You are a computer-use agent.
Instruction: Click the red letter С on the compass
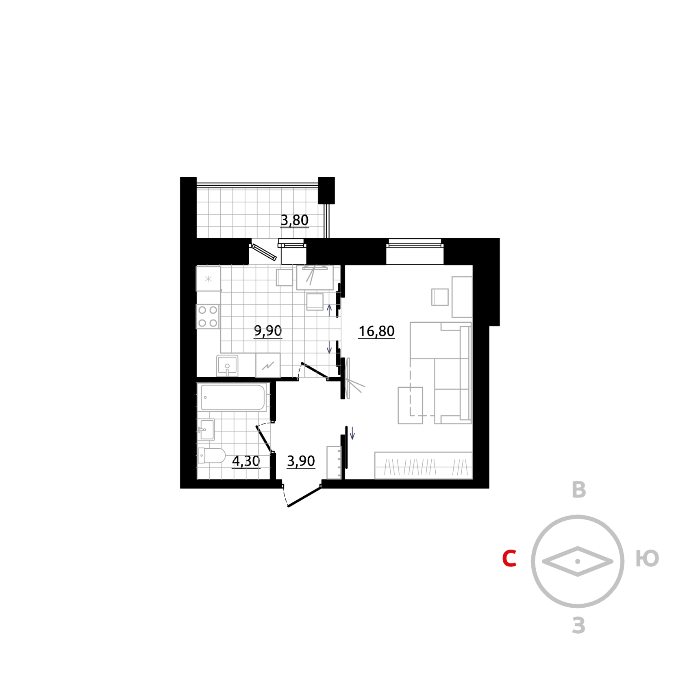coord(509,558)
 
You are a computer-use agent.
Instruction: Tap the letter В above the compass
coord(579,490)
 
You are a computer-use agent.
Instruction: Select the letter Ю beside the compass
coord(647,558)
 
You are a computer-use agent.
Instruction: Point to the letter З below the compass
coord(579,625)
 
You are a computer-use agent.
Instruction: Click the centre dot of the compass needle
coord(578,561)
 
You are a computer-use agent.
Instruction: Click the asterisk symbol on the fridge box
coord(208,279)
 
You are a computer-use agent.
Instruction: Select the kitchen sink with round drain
coord(227,366)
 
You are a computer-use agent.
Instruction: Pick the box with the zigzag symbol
coord(268,366)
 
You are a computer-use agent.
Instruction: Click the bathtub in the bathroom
coord(233,398)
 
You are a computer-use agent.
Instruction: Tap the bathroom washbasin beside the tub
coord(206,430)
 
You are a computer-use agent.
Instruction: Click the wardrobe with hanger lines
coord(423,466)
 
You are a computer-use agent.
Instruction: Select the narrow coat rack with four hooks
coord(334,463)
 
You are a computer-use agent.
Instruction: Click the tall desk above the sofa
coord(462,297)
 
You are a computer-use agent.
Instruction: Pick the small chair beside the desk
coord(440,297)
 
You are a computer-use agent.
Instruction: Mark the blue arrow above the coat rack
coord(352,433)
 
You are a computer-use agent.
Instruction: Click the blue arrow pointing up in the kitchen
coord(329,308)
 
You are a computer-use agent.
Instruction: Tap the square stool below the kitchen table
coord(315,302)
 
